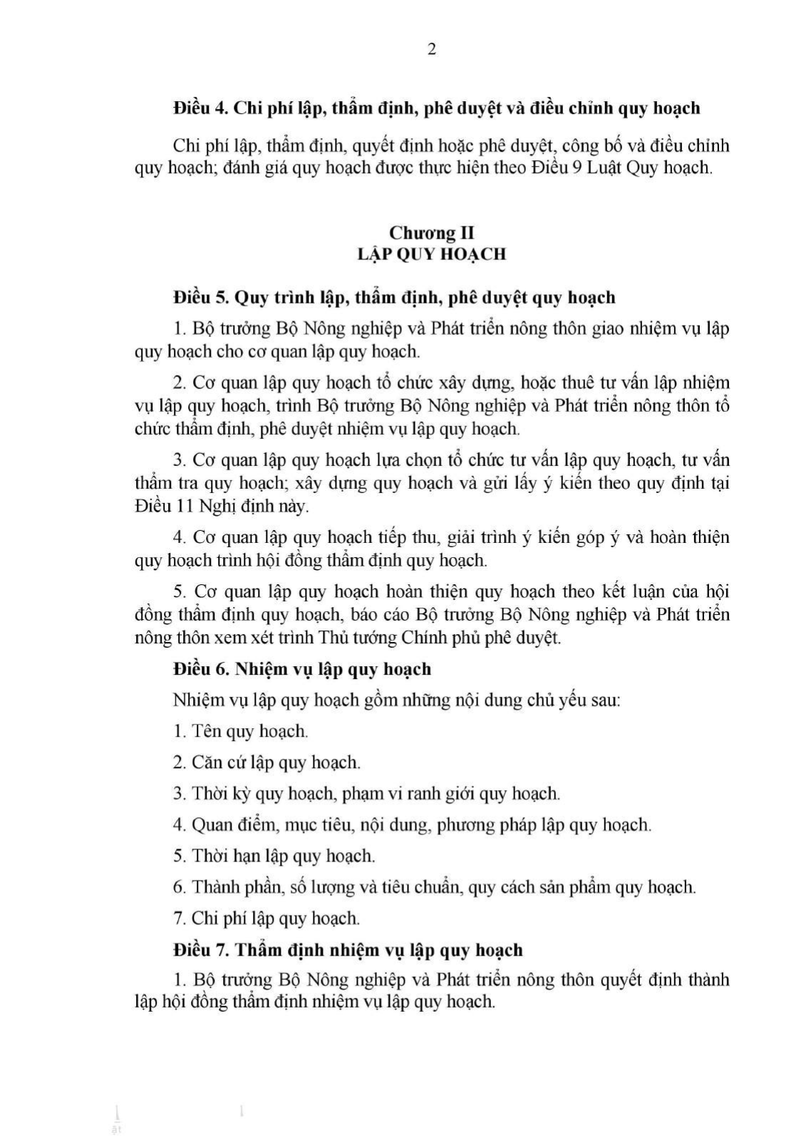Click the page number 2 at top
431,49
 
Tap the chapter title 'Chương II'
431,233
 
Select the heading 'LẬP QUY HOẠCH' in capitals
431,254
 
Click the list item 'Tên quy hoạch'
249,731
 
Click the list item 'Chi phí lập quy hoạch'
275,918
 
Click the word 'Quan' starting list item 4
209,824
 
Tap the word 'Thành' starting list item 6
215,887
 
